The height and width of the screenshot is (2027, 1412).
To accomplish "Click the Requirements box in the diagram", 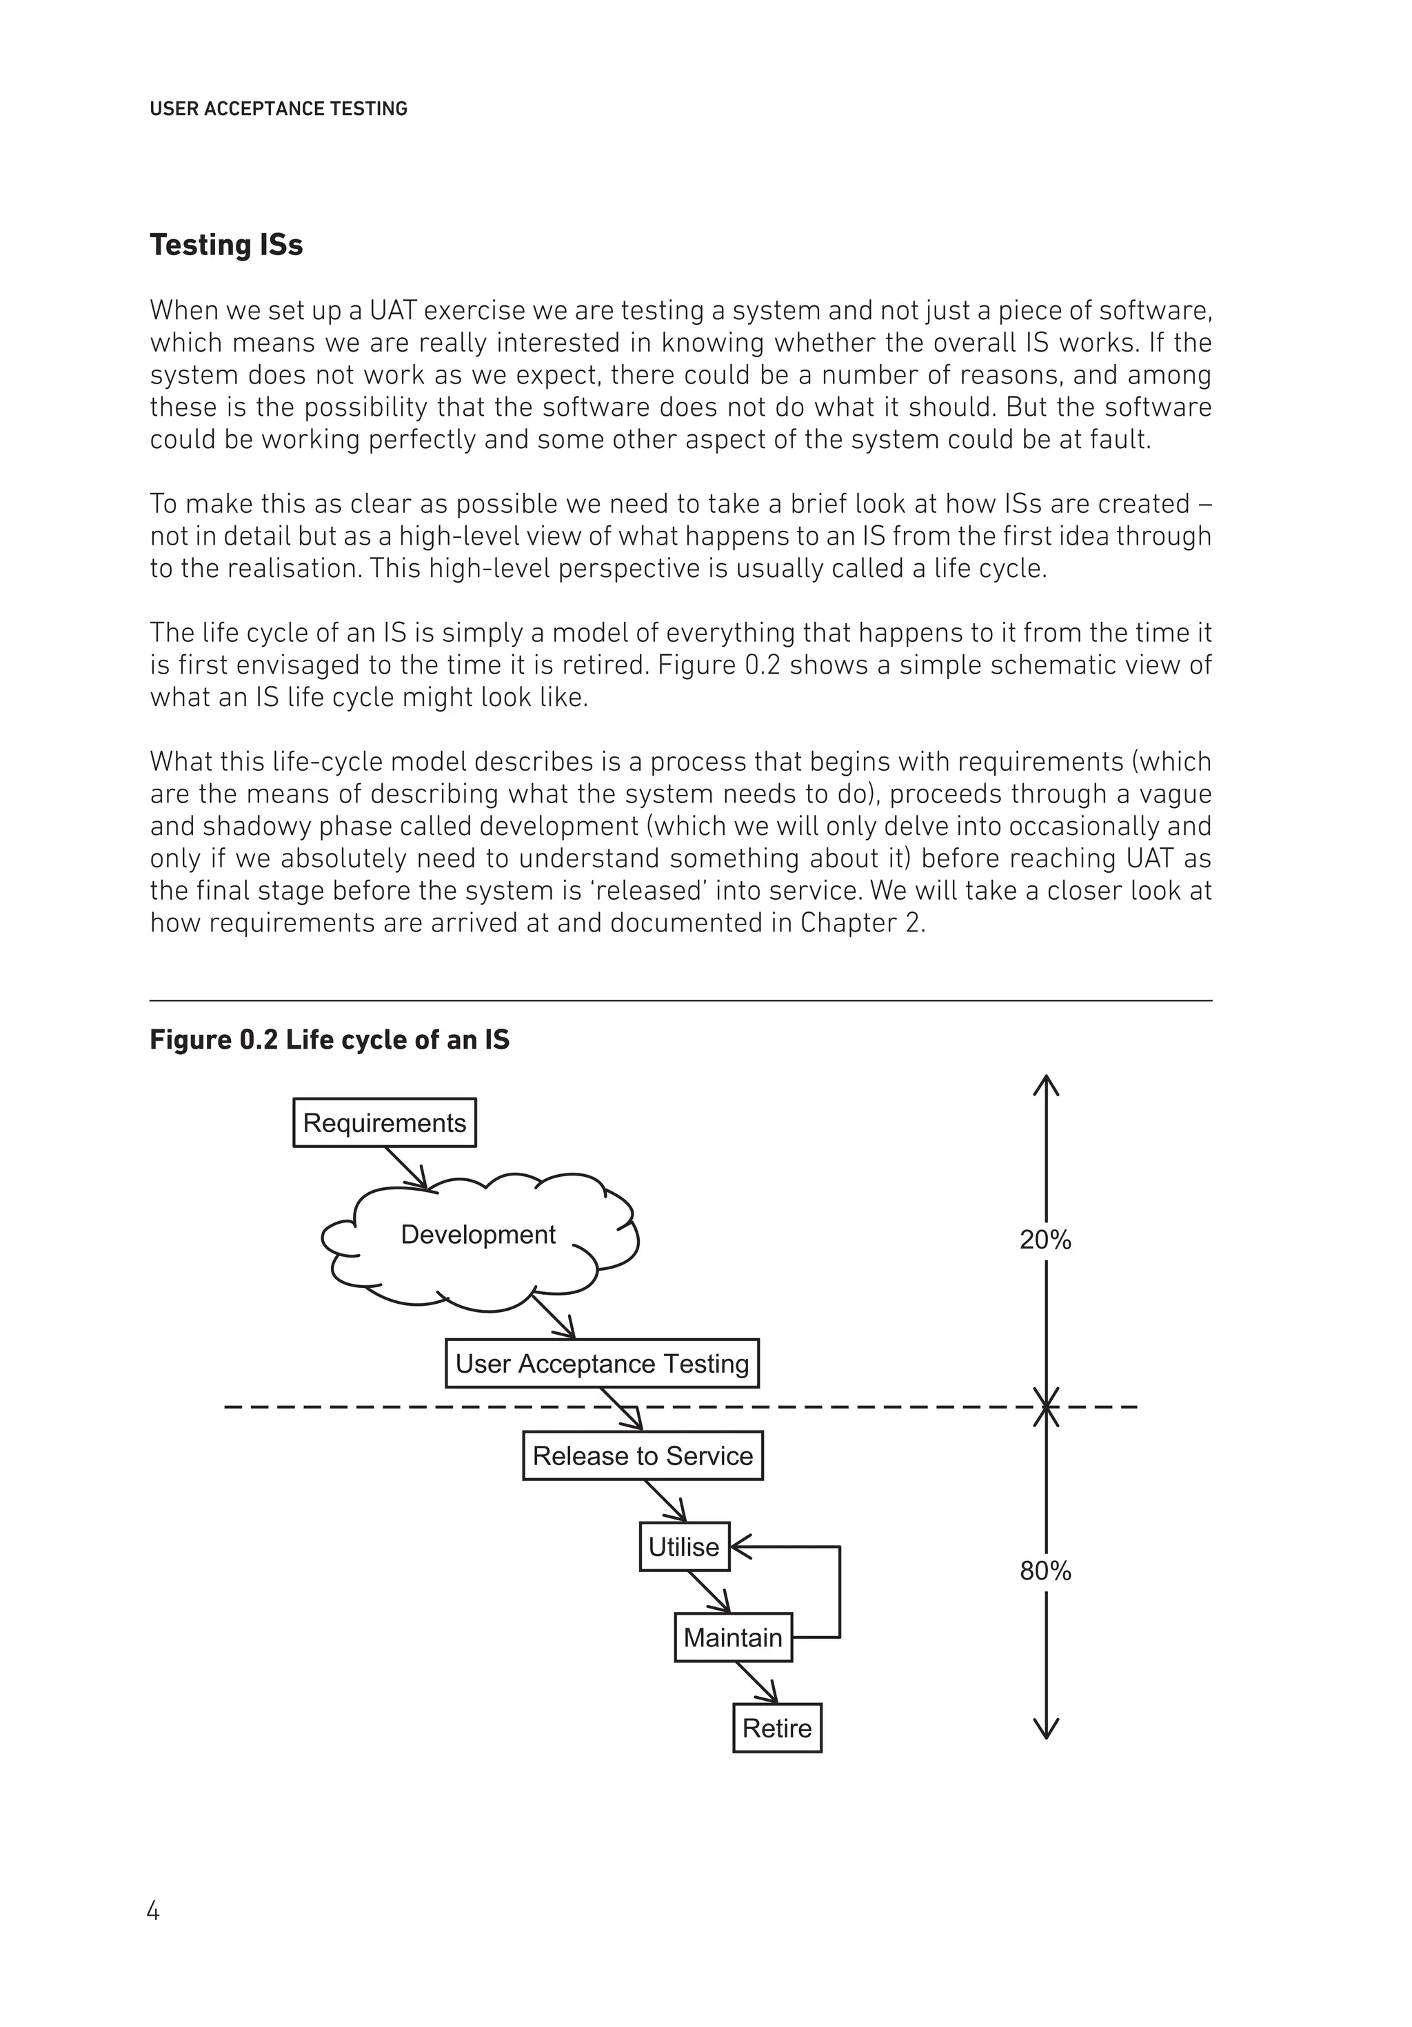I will (384, 1122).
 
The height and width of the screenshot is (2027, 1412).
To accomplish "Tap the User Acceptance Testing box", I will (601, 1363).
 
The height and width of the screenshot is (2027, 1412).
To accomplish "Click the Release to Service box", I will (642, 1456).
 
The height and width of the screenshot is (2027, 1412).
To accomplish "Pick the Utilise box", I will (683, 1546).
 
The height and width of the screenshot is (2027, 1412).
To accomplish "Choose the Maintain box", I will (732, 1637).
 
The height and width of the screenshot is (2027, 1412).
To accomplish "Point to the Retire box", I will (776, 1728).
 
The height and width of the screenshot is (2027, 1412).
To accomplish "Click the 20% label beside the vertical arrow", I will (1045, 1240).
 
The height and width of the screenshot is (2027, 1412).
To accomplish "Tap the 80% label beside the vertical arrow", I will (1045, 1571).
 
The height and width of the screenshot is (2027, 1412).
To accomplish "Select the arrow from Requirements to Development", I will (406, 1168).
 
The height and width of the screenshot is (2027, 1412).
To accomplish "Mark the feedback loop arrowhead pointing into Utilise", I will (740, 1546).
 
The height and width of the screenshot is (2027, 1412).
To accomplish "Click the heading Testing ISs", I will (226, 245).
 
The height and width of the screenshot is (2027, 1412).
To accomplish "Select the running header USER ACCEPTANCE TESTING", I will (278, 109).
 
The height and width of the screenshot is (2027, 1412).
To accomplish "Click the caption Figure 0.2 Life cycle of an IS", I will (330, 1040).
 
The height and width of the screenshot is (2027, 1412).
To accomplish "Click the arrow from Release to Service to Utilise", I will (665, 1501).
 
